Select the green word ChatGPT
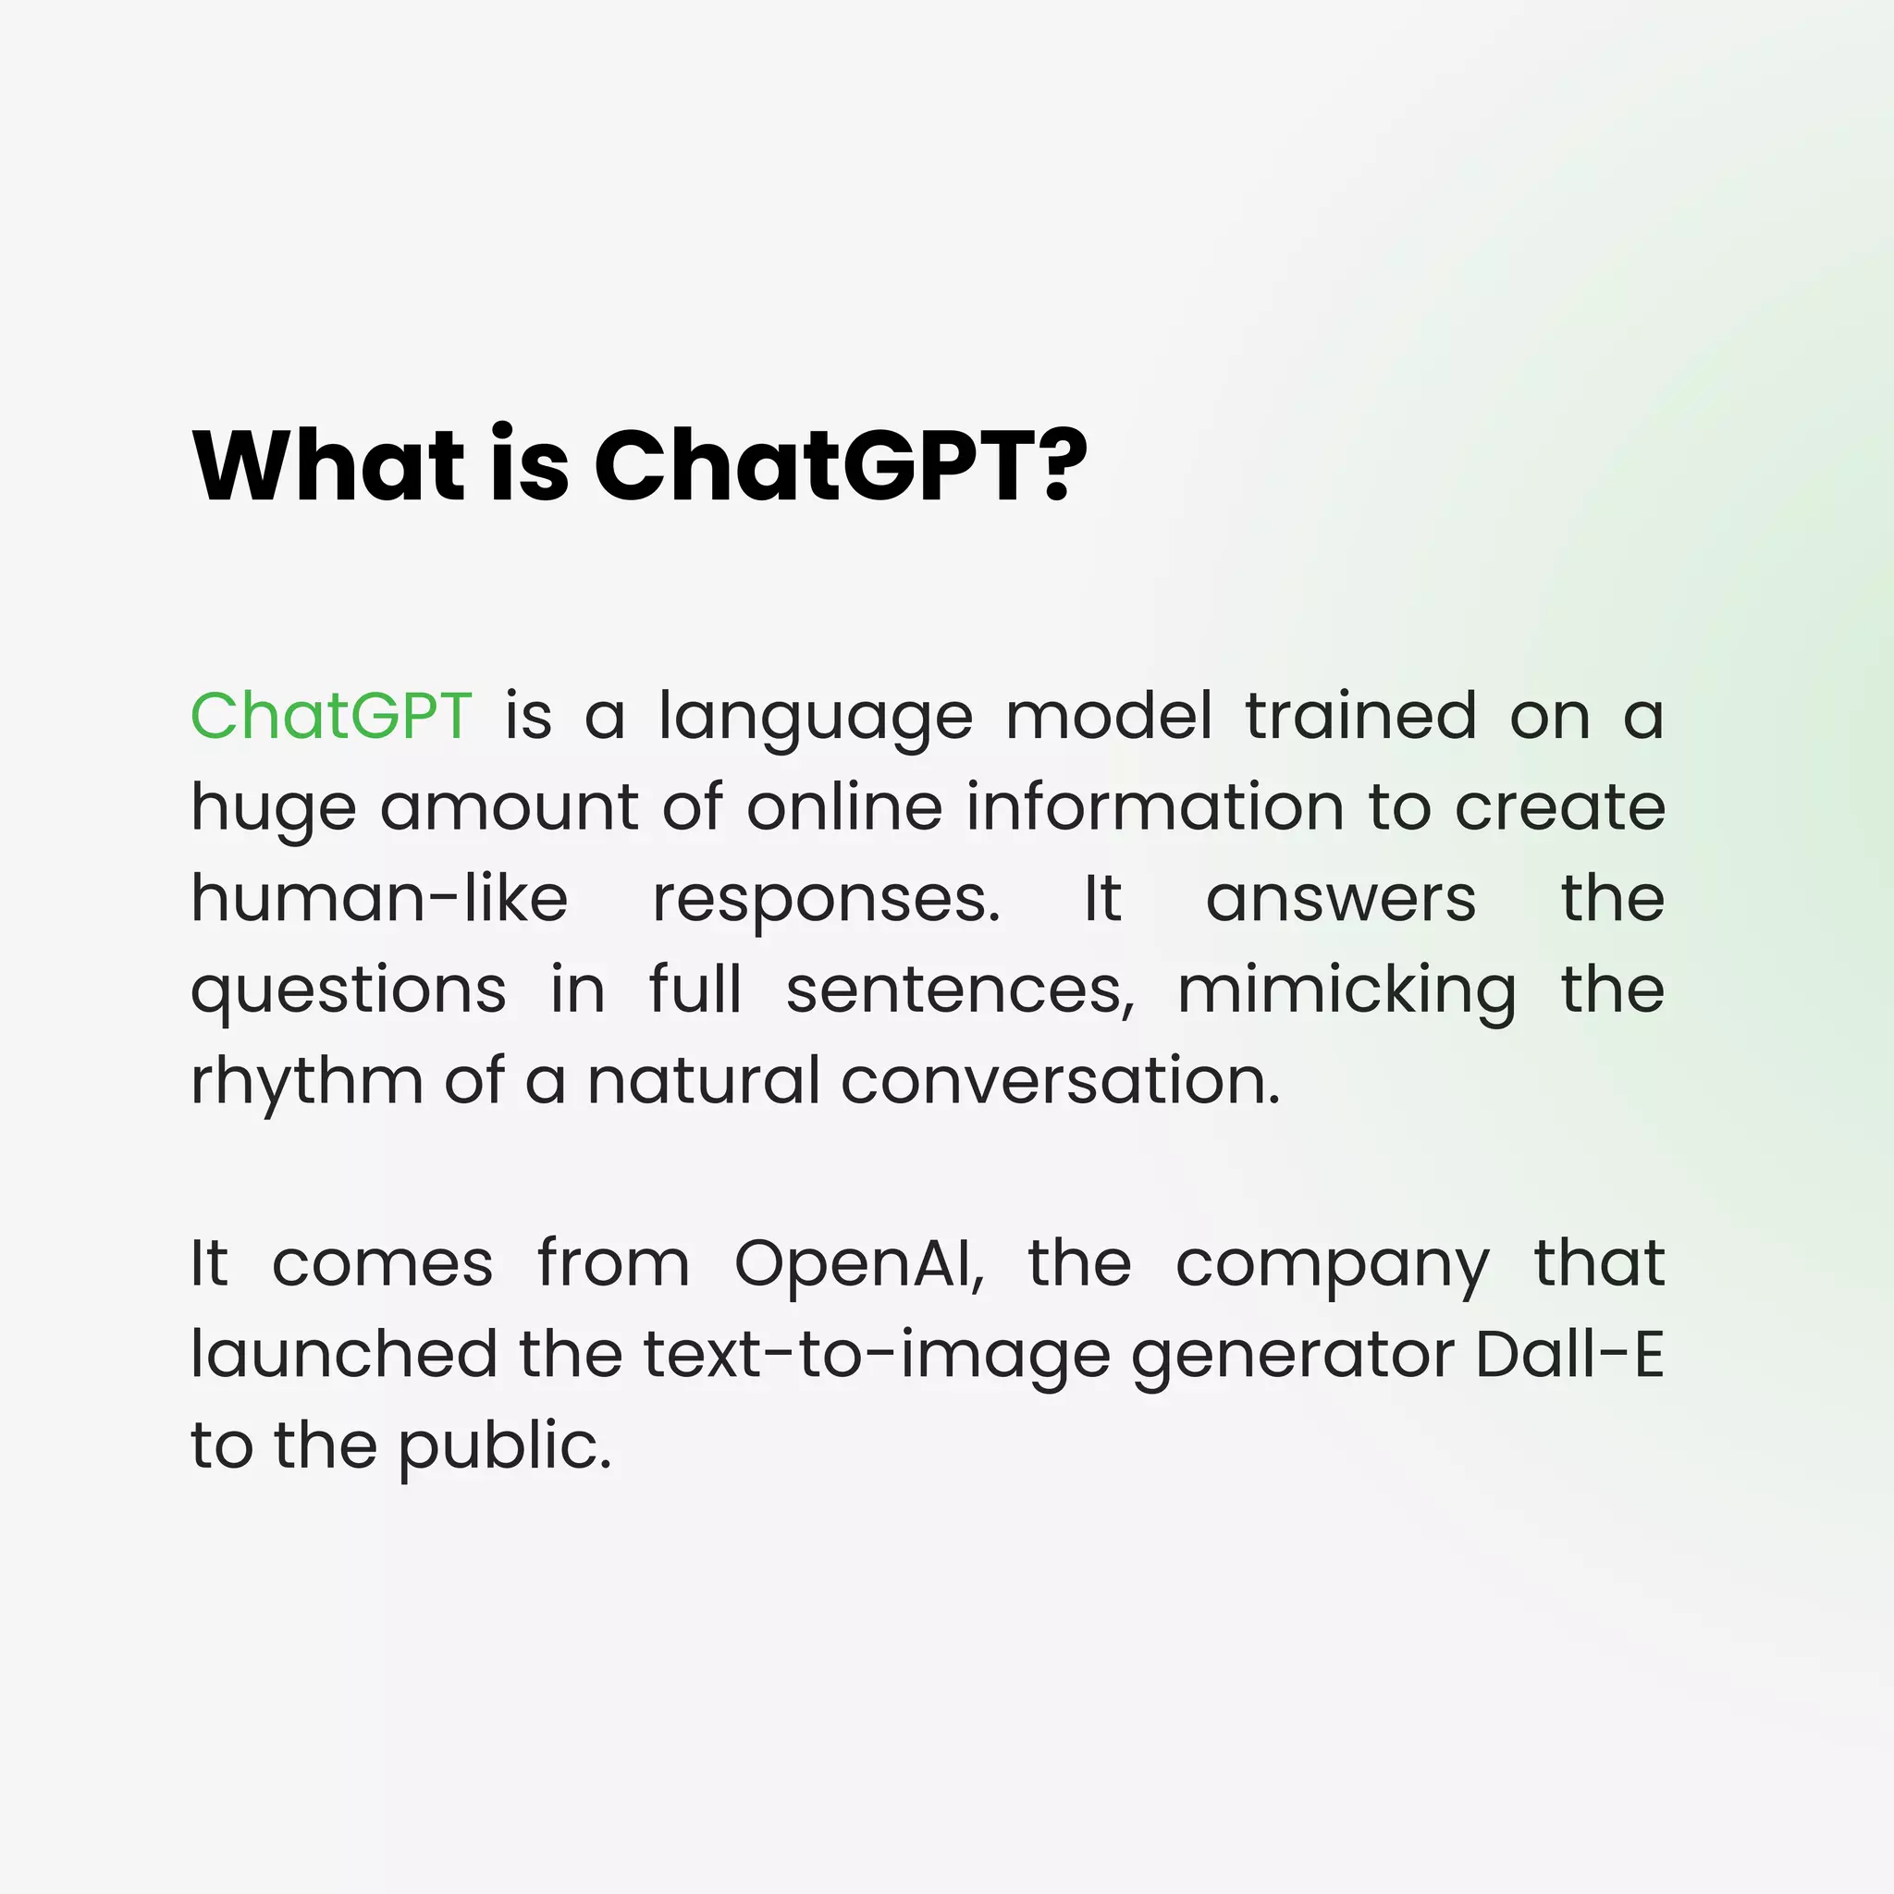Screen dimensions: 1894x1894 (331, 716)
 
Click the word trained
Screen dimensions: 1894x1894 (1360, 716)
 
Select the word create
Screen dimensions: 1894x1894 (1560, 809)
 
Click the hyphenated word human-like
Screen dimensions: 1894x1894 (378, 898)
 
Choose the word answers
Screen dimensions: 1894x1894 (1340, 900)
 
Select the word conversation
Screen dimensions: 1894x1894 (1060, 1081)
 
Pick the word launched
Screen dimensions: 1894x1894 (343, 1355)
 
